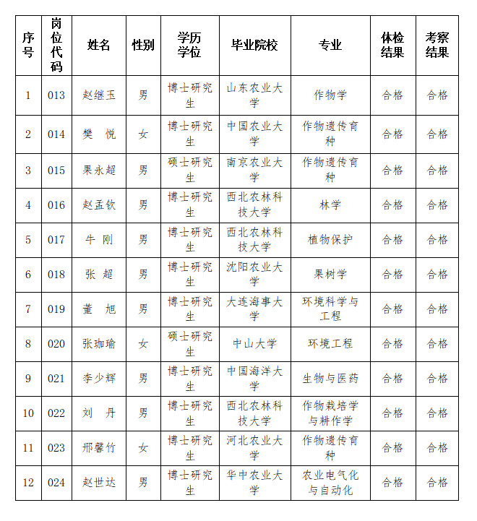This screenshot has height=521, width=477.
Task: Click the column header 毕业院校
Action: coord(254,46)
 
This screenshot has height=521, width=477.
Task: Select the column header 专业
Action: coord(330,46)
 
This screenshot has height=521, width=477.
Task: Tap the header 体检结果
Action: coord(392,46)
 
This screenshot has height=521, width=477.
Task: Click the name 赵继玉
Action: coord(99,95)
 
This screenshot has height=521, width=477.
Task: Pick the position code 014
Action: coord(56,134)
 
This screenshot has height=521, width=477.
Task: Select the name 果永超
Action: coord(99,171)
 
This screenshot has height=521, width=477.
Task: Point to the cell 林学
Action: coord(330,205)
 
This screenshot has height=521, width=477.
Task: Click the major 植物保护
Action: coord(330,240)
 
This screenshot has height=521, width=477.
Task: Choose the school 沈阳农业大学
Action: coord(254,275)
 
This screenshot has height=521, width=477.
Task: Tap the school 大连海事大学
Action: coord(254,309)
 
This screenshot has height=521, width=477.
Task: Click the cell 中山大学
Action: coord(254,343)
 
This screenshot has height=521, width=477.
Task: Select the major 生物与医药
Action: coord(330,378)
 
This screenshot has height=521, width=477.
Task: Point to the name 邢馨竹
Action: coord(99,448)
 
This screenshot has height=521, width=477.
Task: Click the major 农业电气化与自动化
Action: coord(330,483)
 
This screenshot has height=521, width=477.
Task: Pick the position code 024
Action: coord(56,483)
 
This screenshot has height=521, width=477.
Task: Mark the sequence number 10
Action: coord(28,413)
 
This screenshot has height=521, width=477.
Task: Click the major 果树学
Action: coord(330,275)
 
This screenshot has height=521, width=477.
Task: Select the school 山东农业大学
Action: coord(254,95)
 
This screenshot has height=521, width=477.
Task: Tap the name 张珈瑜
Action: coord(99,343)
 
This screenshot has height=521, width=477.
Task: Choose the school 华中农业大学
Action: coord(254,483)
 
